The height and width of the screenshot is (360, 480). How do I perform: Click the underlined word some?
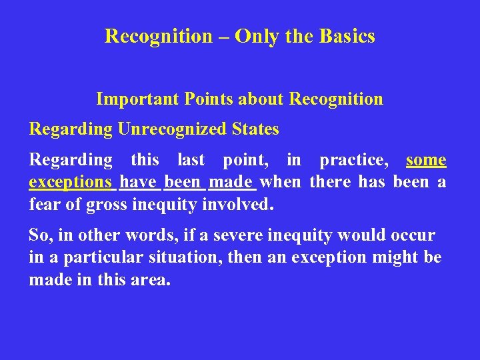426,160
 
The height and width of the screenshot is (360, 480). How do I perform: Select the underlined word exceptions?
70,182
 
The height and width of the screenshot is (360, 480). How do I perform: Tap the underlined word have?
137,181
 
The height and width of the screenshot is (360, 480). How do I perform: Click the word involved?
236,203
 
